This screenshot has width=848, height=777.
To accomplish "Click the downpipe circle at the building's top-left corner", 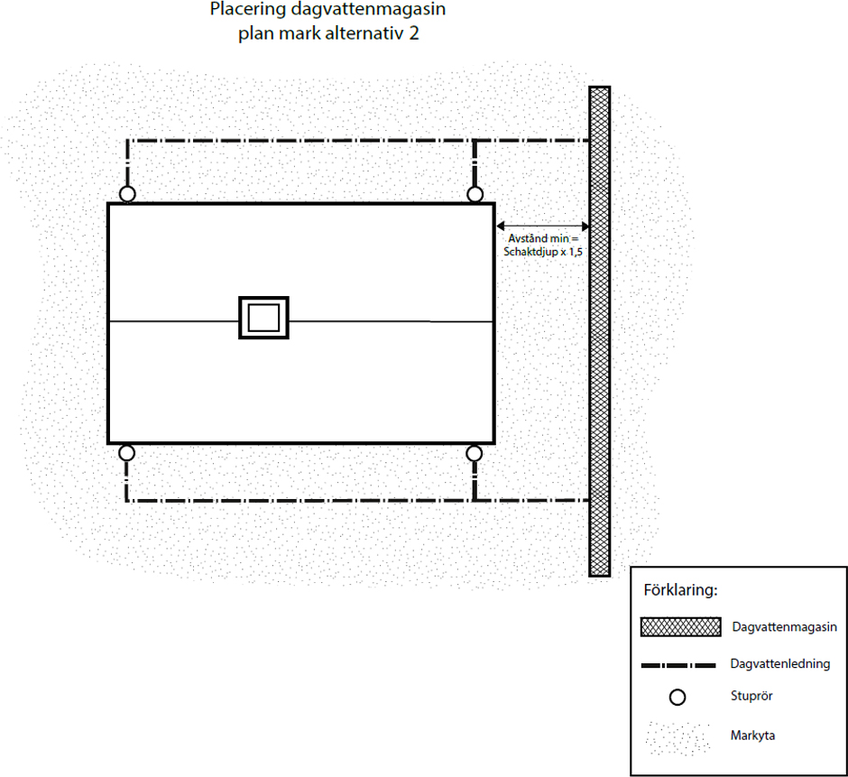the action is (x=127, y=194).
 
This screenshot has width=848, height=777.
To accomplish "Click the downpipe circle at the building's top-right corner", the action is (x=475, y=194).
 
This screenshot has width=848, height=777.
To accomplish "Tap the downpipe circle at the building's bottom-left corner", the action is (x=126, y=453).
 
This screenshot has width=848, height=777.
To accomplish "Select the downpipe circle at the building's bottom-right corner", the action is (x=475, y=453).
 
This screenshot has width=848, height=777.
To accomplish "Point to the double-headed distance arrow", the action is (x=542, y=226).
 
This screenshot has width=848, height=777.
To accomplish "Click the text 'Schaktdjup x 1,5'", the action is (x=543, y=252).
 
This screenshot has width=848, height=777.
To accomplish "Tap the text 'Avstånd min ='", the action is (x=543, y=238).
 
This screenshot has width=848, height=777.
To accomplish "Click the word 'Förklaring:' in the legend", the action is (x=680, y=590).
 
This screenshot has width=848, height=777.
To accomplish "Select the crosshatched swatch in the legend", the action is (x=681, y=626).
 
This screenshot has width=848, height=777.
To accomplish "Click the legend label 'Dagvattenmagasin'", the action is (x=784, y=627).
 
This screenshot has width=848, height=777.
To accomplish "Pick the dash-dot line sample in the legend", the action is (x=678, y=665).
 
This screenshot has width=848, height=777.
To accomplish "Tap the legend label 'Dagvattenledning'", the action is (x=779, y=664).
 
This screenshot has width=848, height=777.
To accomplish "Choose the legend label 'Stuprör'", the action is (x=751, y=696).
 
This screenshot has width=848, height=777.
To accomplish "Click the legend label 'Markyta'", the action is (x=752, y=735).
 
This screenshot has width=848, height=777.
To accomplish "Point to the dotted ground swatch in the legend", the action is (x=678, y=738).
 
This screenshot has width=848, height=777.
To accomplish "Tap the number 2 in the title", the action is (x=414, y=33).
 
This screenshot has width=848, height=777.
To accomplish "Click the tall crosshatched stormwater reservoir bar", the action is (x=600, y=331).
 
